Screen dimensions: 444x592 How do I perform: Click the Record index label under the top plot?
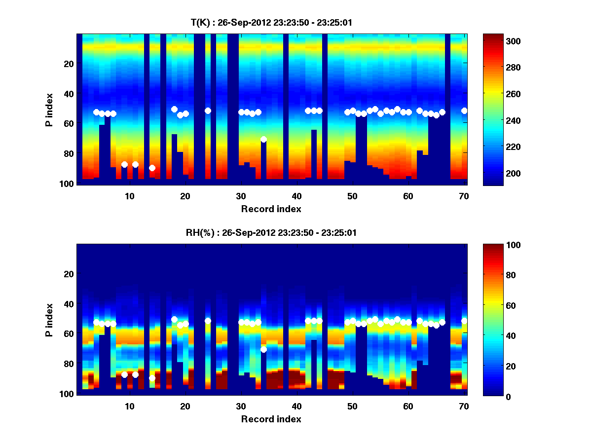tap(271, 209)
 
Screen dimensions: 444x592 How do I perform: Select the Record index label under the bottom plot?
tap(271, 419)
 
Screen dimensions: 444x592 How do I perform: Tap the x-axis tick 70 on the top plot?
tap(464, 196)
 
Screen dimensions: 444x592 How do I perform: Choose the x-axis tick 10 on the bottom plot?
tap(129, 406)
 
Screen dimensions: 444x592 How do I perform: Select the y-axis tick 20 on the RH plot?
tap(69, 274)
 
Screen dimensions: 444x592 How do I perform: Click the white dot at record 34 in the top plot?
tap(263, 139)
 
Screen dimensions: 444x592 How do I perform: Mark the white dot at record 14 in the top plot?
tap(152, 168)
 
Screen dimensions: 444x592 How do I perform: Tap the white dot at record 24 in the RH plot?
tap(208, 321)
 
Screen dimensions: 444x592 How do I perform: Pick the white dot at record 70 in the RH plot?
tap(464, 321)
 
